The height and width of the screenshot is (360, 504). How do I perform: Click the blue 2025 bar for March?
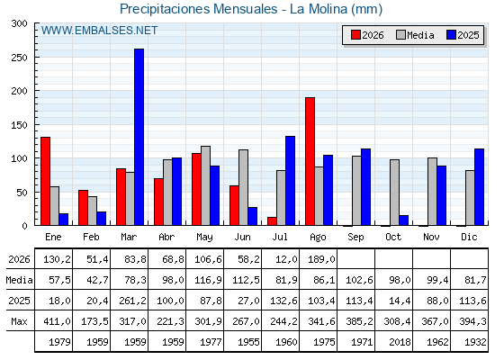[139, 137]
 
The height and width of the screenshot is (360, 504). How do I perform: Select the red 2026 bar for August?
[310, 161]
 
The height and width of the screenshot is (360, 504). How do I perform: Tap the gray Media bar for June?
[243, 187]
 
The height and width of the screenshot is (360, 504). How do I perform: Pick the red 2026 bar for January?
[45, 181]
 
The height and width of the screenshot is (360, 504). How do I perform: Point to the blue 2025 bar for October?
[404, 220]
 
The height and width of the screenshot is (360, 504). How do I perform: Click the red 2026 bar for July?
[272, 221]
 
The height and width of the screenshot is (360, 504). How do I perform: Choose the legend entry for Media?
[415, 35]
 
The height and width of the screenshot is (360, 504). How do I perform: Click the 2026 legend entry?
[367, 35]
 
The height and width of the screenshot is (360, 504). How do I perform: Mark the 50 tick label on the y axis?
[22, 193]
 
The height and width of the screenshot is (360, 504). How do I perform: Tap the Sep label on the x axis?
[355, 238]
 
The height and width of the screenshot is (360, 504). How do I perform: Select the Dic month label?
[469, 237]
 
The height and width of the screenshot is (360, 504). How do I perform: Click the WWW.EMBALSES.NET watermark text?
[99, 31]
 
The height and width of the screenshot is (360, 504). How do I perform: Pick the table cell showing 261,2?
[130, 301]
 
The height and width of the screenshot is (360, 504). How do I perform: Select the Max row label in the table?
[19, 321]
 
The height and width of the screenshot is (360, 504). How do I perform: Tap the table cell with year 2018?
[394, 342]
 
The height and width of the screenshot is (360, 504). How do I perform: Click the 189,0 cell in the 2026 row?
[319, 259]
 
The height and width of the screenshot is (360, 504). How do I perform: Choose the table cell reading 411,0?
[54, 321]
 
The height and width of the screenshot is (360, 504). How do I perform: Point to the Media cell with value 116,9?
[205, 280]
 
